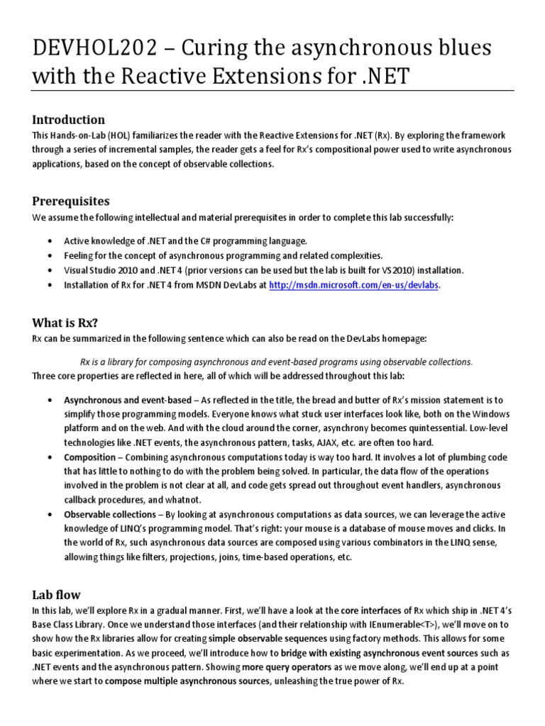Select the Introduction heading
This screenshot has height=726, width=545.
point(68,119)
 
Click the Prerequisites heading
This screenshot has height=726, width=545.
point(70,201)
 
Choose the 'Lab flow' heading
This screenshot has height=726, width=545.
point(56,594)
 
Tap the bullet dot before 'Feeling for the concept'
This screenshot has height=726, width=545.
point(49,256)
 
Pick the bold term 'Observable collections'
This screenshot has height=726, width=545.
point(110,514)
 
